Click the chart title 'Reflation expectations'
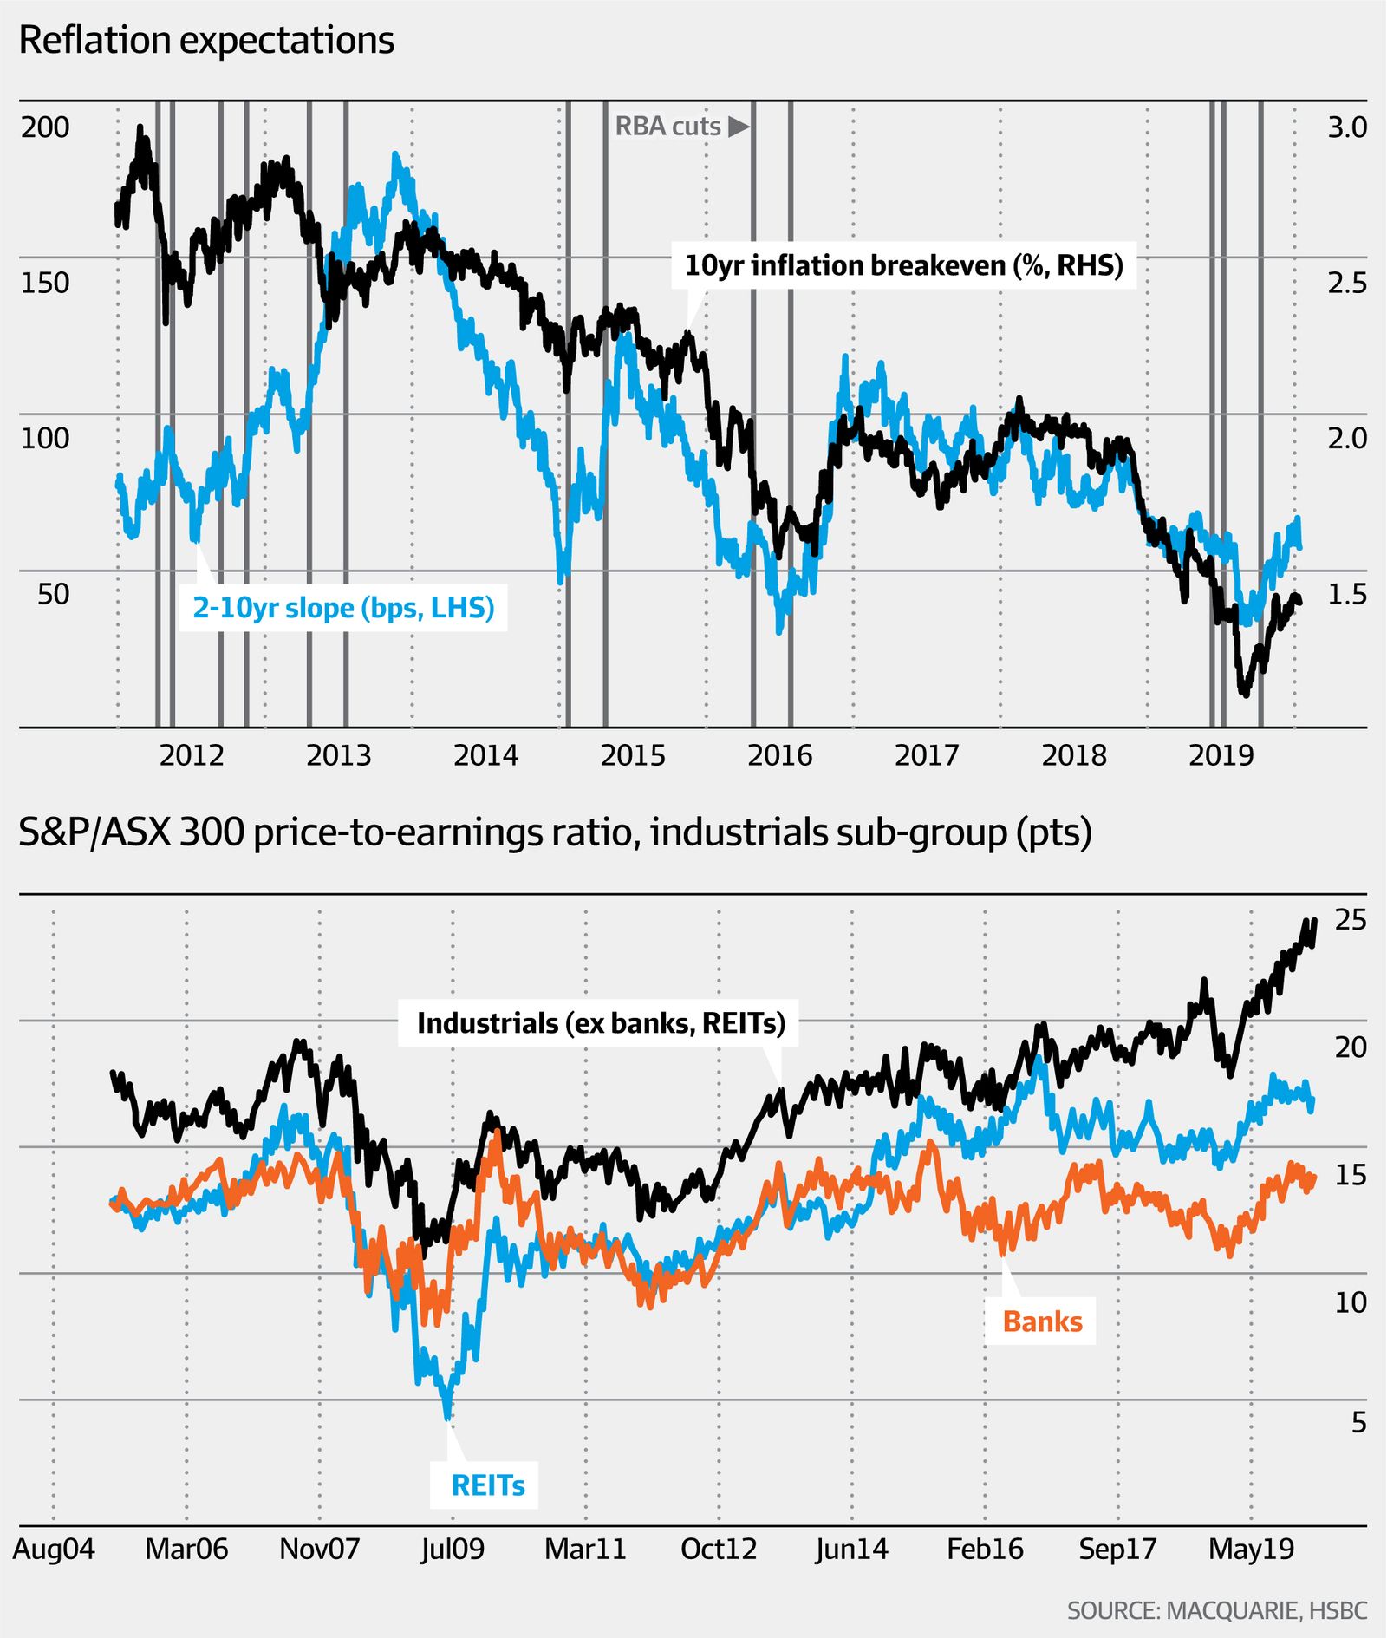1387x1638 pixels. point(206,41)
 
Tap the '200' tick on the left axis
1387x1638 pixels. point(45,127)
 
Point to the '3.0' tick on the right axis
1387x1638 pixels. point(1346,127)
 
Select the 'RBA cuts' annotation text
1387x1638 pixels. point(667,127)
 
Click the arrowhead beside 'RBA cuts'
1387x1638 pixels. point(738,127)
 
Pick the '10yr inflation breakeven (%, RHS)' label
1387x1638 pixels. point(903,265)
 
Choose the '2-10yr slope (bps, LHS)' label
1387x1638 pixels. point(343,608)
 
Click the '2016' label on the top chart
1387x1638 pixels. point(779,756)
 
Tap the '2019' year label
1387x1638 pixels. point(1221,756)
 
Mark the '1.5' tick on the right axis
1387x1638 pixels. point(1346,594)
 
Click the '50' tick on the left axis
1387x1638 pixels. point(53,594)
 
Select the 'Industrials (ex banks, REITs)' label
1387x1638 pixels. point(601,1023)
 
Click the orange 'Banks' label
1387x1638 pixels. point(1042,1321)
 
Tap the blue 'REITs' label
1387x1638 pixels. point(488,1485)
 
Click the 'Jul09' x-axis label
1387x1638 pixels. point(453,1550)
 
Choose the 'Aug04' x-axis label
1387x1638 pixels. point(54,1550)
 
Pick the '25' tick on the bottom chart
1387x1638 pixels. point(1350,920)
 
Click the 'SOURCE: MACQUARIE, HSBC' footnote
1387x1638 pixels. point(1216,1611)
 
